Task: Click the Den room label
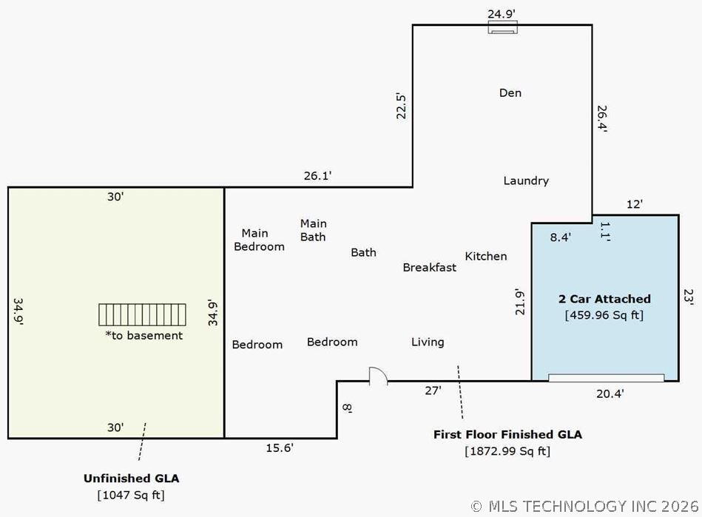(510, 92)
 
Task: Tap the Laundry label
(526, 180)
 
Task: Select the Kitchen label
(486, 256)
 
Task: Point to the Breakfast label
(429, 267)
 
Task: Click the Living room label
(428, 342)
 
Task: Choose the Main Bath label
(313, 230)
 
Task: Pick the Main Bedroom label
(259, 240)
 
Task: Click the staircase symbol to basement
(142, 314)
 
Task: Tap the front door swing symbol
(378, 376)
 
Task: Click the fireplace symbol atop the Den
(503, 27)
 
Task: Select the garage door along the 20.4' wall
(606, 378)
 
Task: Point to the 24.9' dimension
(502, 14)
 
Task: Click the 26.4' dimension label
(602, 118)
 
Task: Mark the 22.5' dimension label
(401, 106)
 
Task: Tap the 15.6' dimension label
(280, 447)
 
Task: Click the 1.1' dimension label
(605, 232)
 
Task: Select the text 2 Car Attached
(604, 299)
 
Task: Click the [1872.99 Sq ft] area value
(507, 450)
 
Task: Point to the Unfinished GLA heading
(131, 479)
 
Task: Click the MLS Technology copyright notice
(584, 506)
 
